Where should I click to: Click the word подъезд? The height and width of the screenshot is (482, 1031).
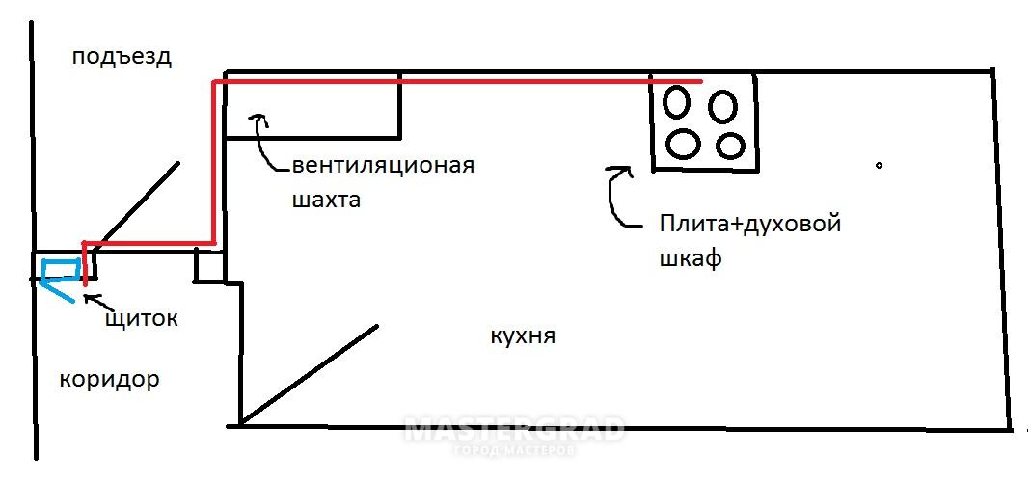tap(122, 57)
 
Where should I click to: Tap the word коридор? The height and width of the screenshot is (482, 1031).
tap(109, 379)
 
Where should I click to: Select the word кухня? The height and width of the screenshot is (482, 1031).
tap(523, 336)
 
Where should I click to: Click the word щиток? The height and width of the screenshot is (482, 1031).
tap(141, 317)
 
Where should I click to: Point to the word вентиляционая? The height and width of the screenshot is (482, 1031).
tap(382, 165)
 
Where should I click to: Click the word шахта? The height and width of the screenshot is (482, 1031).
tap(324, 201)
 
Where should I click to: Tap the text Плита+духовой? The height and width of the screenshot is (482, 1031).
tap(750, 225)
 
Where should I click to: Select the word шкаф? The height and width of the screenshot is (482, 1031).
tap(691, 259)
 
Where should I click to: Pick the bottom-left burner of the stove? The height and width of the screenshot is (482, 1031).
tap(683, 143)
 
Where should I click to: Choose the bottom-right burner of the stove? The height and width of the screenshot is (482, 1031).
tap(730, 146)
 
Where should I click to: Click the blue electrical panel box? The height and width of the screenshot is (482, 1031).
tap(61, 271)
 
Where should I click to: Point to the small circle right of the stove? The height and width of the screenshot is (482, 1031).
tap(879, 166)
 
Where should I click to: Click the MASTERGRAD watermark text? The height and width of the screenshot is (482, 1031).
tap(513, 430)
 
